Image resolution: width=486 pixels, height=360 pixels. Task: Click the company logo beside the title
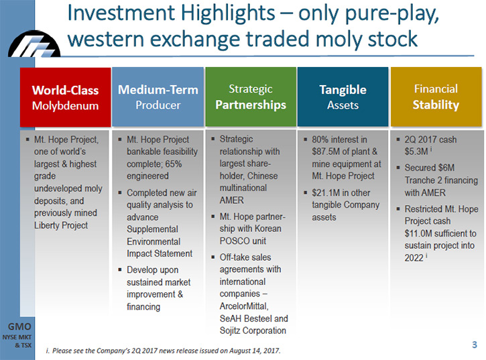(x=34, y=44)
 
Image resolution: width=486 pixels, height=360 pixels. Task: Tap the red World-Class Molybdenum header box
(x=66, y=97)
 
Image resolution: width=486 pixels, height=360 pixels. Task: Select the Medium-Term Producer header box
(x=158, y=97)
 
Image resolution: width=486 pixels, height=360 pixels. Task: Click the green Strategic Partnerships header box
(x=251, y=97)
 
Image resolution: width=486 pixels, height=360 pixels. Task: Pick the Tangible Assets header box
(x=343, y=97)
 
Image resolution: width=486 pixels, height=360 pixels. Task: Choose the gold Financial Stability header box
(x=436, y=97)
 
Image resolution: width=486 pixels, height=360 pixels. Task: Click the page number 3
(x=474, y=345)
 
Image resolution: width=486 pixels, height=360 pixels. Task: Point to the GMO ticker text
(x=19, y=326)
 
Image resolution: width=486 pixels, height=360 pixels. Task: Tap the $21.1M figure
(x=325, y=193)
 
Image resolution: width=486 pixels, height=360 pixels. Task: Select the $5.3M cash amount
(x=416, y=152)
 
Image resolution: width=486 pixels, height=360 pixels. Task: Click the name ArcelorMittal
(x=244, y=306)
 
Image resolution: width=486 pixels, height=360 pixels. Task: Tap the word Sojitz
(x=230, y=331)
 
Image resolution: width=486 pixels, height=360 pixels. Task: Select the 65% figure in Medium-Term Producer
(x=174, y=164)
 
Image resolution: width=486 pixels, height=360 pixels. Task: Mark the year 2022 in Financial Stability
(x=414, y=258)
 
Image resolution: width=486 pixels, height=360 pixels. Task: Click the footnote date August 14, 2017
(x=254, y=351)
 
